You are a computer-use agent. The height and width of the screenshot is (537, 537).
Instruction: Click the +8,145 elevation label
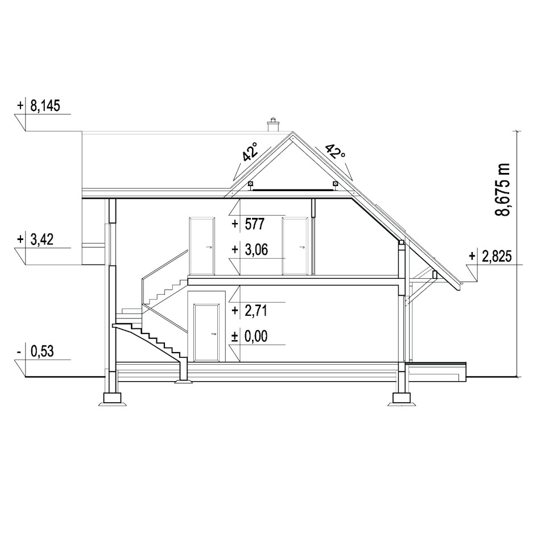pyautogui.click(x=39, y=106)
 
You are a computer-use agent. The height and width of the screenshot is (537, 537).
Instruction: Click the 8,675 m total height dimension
pyautogui.click(x=503, y=189)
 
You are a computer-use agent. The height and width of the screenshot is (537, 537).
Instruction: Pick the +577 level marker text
pyautogui.click(x=248, y=224)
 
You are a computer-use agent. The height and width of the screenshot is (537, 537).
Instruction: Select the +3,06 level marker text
pyautogui.click(x=250, y=250)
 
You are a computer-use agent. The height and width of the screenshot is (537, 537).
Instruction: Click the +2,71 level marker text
pyautogui.click(x=250, y=311)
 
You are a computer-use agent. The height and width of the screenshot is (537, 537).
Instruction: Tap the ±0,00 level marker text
pyautogui.click(x=250, y=336)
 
